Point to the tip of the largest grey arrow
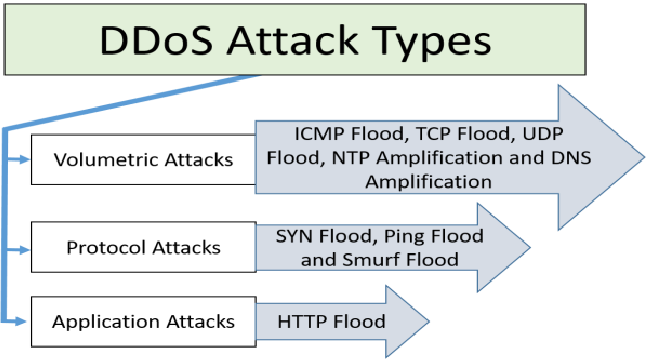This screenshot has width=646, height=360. click(x=642, y=158)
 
